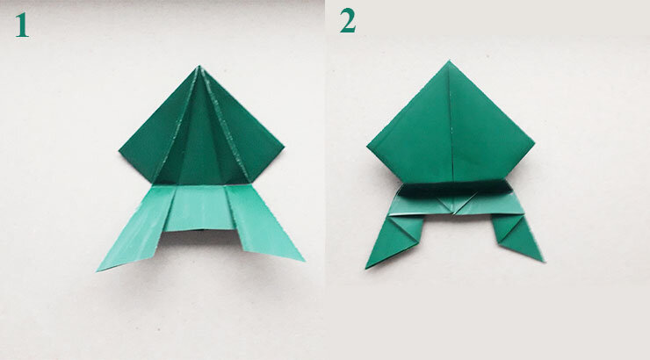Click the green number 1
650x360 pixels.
pyautogui.click(x=22, y=25)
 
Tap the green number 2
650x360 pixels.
pyautogui.click(x=348, y=21)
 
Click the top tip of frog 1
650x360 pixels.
pyautogui.click(x=199, y=66)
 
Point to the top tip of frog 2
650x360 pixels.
pyautogui.click(x=449, y=61)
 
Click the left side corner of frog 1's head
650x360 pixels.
pyautogui.click(x=119, y=151)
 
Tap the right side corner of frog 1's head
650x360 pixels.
pyautogui.click(x=284, y=147)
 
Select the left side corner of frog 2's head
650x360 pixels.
pyautogui.click(x=368, y=145)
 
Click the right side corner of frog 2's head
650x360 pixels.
pyautogui.click(x=534, y=143)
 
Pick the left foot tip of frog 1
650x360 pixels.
pyautogui.click(x=97, y=271)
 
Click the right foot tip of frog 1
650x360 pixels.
pyautogui.click(x=304, y=261)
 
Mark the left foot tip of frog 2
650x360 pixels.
pyautogui.click(x=366, y=268)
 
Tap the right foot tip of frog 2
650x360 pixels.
pyautogui.click(x=543, y=261)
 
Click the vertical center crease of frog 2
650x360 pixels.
pyautogui.click(x=451, y=125)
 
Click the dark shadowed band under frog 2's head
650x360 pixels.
pyautogui.click(x=455, y=189)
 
